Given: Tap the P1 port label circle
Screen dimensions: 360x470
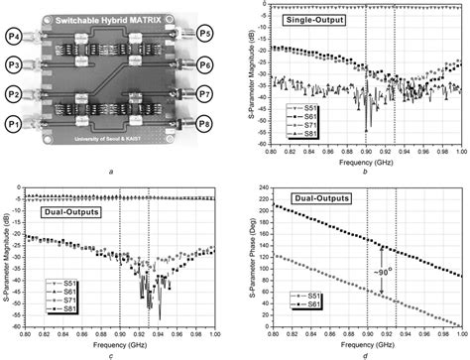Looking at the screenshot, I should [16, 124].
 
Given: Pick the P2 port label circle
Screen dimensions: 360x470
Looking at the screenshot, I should [16, 95].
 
